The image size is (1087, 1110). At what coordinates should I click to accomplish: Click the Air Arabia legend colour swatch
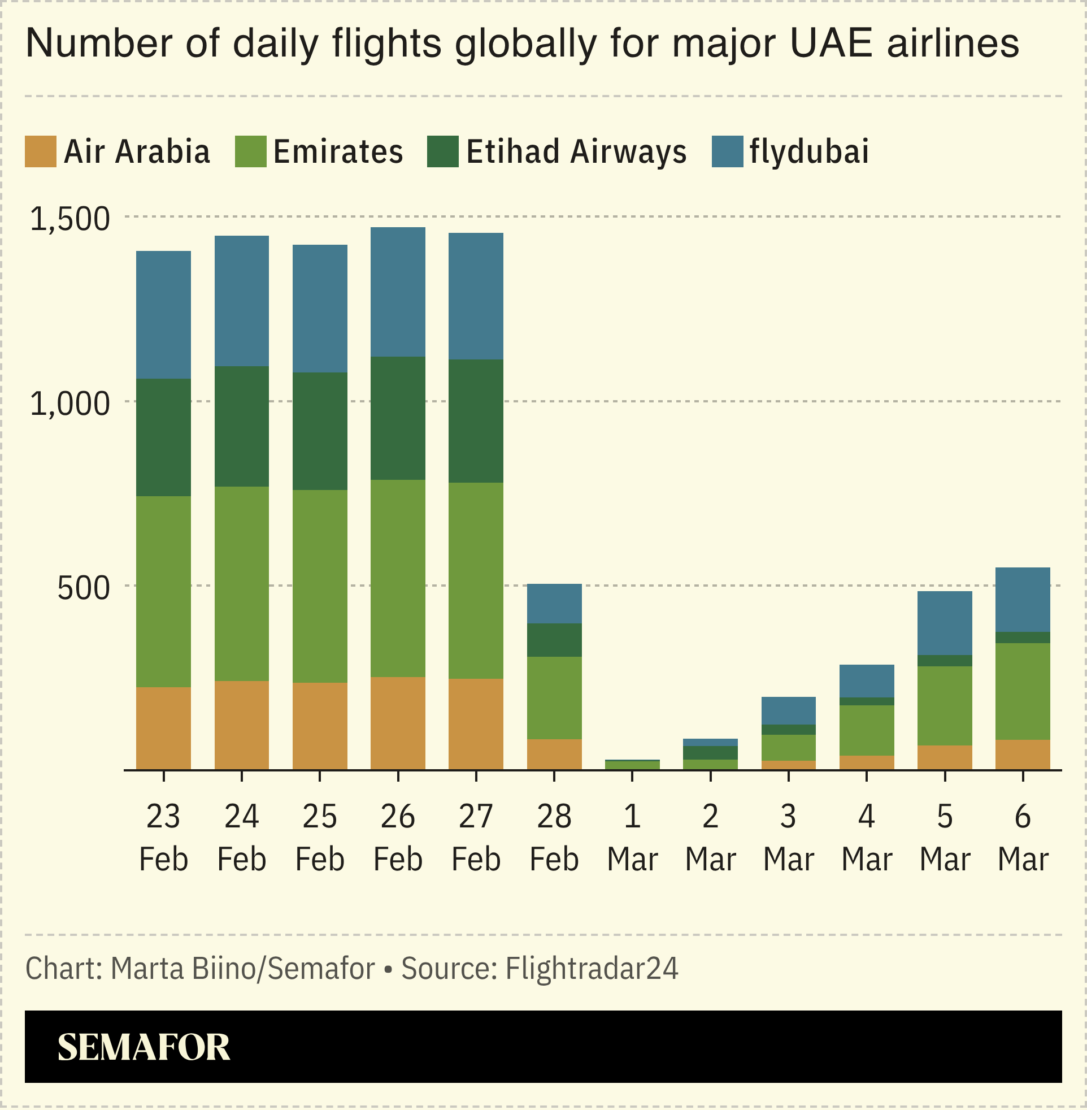tap(41, 151)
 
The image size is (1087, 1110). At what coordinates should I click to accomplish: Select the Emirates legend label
tap(338, 152)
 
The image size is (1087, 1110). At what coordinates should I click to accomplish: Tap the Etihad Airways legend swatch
tap(442, 151)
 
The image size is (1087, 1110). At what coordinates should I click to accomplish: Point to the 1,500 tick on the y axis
tap(69, 219)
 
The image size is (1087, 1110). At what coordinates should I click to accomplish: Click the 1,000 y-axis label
tap(69, 404)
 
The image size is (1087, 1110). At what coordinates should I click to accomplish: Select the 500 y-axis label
tap(83, 589)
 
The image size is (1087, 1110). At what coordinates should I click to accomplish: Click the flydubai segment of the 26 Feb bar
tap(398, 292)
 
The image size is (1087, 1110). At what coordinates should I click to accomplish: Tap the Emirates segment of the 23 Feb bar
tap(163, 592)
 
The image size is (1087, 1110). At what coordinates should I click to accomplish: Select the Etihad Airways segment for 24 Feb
tap(241, 427)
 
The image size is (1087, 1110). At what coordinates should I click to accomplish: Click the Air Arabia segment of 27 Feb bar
tap(476, 724)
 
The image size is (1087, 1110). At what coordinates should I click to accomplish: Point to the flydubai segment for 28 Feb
tap(554, 604)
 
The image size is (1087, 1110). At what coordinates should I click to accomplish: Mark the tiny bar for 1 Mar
tap(632, 765)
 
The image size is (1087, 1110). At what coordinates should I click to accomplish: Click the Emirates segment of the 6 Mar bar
tap(1023, 691)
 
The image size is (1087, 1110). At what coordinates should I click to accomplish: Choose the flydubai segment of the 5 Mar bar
tap(944, 623)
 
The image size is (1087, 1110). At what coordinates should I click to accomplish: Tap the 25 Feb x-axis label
tap(320, 838)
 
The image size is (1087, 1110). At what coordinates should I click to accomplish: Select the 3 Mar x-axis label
tap(789, 838)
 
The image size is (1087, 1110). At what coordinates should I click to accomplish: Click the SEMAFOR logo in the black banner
tap(144, 1047)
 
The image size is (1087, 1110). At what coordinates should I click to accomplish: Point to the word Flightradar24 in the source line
tap(592, 968)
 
